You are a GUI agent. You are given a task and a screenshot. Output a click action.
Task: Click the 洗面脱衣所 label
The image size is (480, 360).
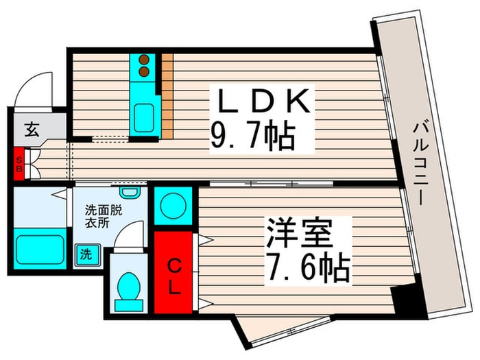(103, 217)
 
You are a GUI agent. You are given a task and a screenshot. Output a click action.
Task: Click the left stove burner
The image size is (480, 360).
(144, 60)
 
